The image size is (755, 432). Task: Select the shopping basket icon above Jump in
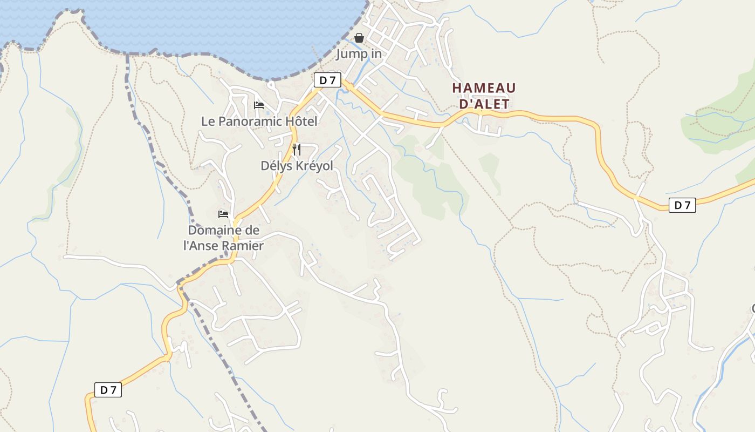359,38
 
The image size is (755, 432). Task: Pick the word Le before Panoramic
208,122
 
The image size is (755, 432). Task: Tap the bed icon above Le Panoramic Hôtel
259,105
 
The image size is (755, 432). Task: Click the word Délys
277,166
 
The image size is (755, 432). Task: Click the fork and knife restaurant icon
297,149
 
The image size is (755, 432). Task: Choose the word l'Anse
202,246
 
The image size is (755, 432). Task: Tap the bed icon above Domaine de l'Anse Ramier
223,214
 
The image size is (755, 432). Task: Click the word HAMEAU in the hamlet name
484,87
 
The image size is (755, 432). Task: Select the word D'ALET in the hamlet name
484,104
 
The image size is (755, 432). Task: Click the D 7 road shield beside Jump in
327,80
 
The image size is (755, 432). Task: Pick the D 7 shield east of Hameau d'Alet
682,205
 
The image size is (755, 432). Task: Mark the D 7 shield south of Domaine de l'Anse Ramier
108,390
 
